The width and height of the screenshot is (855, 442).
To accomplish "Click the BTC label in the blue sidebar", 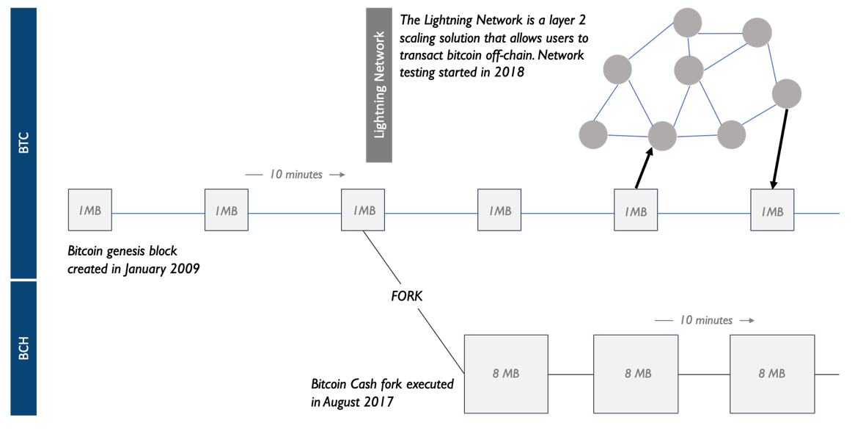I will (x=23, y=143).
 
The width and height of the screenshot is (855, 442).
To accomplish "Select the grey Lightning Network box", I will (x=379, y=84).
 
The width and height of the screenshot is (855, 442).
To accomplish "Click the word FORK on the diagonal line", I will (x=407, y=297).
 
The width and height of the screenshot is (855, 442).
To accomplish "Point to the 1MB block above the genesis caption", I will (x=90, y=211).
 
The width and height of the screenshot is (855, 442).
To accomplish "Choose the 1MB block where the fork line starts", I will (x=363, y=210).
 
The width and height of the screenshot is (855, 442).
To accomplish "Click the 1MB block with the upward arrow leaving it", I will (x=636, y=211).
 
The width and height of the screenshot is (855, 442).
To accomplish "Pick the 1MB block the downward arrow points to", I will (x=772, y=211).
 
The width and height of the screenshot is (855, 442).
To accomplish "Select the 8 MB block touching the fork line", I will (x=506, y=373).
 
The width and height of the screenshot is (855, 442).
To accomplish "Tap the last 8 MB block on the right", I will (x=771, y=373).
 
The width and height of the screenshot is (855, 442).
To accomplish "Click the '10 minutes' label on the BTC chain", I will (x=296, y=175).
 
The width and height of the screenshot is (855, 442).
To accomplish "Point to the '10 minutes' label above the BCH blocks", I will (x=705, y=320).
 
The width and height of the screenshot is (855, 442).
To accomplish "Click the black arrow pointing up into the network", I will (x=643, y=167).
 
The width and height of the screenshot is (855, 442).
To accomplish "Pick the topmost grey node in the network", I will (x=687, y=22).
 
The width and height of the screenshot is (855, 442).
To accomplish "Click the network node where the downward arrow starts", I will (x=786, y=94).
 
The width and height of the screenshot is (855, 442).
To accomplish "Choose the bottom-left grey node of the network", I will (x=593, y=134).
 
